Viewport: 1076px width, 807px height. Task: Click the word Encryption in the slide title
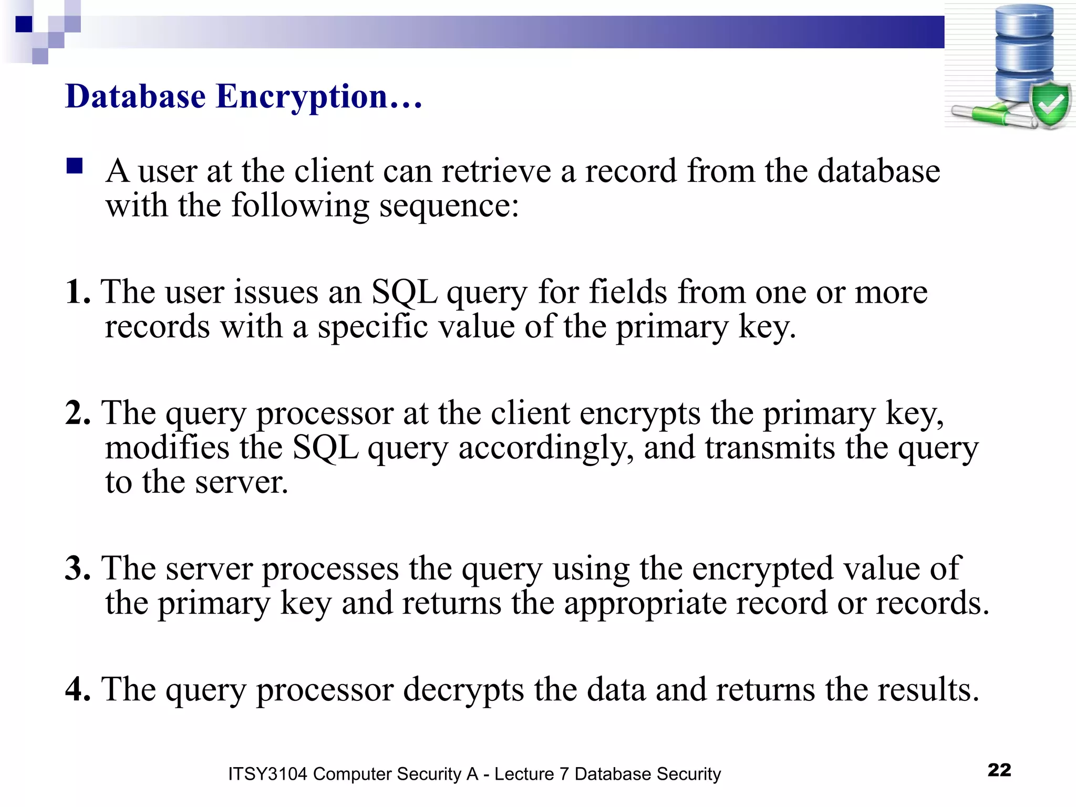tap(302, 97)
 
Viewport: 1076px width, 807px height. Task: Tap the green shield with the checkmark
tap(1050, 105)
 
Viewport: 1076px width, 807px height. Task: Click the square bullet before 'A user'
tap(75, 167)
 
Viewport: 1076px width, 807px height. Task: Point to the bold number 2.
tap(77, 412)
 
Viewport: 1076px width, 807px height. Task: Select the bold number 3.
tap(77, 568)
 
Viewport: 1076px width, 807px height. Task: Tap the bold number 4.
tap(77, 689)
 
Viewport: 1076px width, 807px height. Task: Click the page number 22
tap(999, 770)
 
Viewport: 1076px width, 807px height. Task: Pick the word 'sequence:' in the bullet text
tap(449, 206)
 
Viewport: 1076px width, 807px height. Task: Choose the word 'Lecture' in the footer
tap(524, 774)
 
